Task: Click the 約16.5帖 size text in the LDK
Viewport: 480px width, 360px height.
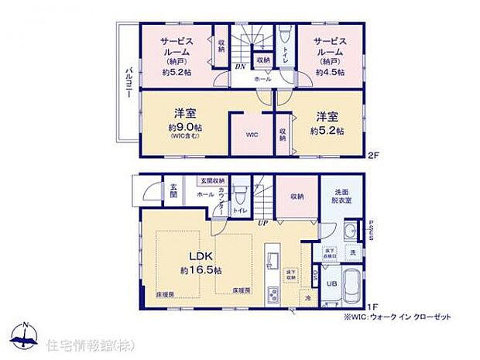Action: click(201, 270)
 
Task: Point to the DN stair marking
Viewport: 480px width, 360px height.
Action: click(241, 67)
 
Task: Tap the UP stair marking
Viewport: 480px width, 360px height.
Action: click(263, 222)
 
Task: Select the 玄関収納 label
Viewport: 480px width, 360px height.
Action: click(210, 181)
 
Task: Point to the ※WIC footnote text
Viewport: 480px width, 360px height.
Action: click(391, 317)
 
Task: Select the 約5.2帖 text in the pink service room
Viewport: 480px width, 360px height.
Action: click(176, 72)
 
